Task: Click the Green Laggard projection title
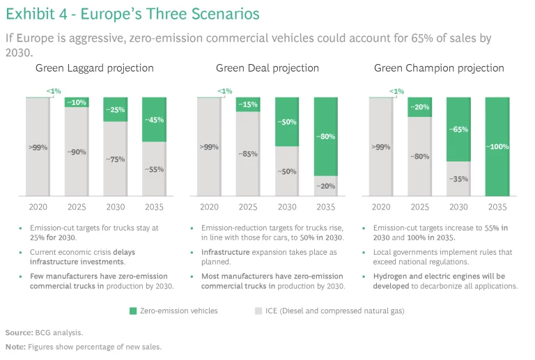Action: [x=95, y=68]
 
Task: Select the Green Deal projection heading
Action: [x=267, y=68]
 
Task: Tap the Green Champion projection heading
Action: [x=439, y=68]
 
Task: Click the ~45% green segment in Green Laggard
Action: [x=155, y=119]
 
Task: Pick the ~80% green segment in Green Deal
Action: [x=325, y=136]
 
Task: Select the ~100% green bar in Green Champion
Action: [x=498, y=147]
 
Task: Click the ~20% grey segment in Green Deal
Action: [x=325, y=186]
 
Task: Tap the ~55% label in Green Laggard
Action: [x=155, y=169]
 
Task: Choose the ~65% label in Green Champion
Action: [x=458, y=130]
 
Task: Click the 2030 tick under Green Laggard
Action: [x=116, y=207]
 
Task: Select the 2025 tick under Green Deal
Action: [x=248, y=207]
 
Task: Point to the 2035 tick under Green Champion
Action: [x=498, y=207]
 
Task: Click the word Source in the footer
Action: [x=18, y=333]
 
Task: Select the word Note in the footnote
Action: [x=15, y=346]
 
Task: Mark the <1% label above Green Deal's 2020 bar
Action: [x=224, y=91]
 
